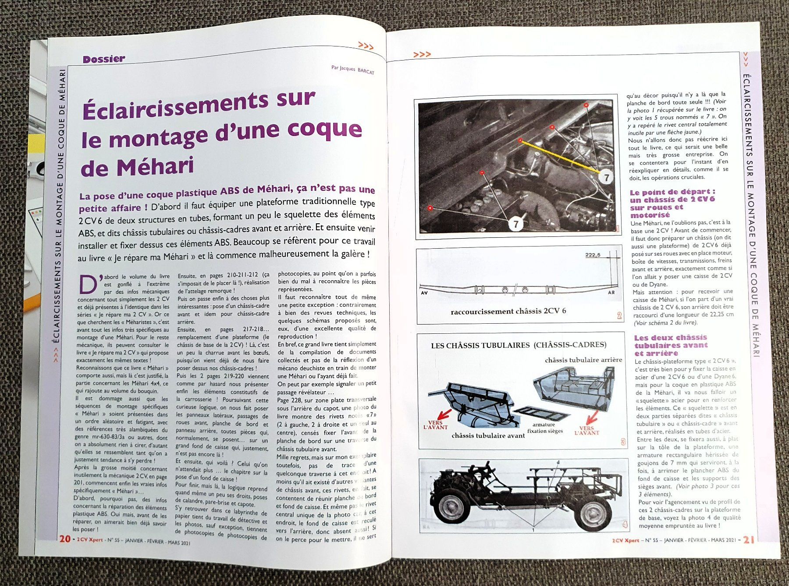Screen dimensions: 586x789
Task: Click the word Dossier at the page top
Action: (104, 59)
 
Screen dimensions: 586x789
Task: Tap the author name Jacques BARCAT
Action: (353, 70)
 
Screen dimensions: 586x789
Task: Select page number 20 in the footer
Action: (65, 539)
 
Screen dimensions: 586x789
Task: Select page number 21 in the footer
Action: (749, 540)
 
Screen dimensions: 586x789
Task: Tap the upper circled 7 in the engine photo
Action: (606, 177)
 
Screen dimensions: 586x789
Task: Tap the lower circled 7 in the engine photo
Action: (516, 224)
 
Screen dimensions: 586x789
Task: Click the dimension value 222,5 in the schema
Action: (593, 255)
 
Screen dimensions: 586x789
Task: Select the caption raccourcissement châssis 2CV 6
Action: (508, 311)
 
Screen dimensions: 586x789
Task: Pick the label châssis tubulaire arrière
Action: (583, 360)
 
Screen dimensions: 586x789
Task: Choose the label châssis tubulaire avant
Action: (488, 436)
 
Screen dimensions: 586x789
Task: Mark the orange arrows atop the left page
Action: (366, 45)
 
